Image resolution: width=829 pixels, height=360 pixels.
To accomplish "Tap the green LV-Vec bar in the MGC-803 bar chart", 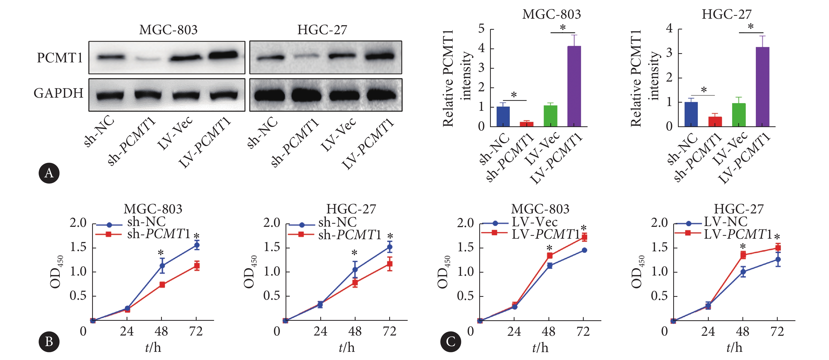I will [x=550, y=116].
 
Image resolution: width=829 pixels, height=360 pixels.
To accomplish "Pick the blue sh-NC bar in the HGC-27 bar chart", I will [x=691, y=114].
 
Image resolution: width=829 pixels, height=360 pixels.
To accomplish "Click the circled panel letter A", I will [x=49, y=173].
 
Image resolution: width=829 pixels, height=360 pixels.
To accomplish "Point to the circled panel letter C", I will [x=451, y=341].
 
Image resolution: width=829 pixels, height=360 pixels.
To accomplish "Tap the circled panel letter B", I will [x=49, y=341].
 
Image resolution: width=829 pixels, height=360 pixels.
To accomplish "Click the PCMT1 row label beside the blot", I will [x=60, y=58].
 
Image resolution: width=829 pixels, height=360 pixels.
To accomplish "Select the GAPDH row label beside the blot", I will [x=59, y=93].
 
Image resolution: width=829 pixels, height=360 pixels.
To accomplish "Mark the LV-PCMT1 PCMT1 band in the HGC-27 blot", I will [x=380, y=57].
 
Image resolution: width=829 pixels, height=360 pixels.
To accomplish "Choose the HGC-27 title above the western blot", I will [x=322, y=30].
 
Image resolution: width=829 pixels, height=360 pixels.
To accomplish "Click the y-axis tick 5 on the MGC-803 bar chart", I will [x=481, y=29].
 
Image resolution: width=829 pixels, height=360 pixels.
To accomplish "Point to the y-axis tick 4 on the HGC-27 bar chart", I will [x=669, y=28].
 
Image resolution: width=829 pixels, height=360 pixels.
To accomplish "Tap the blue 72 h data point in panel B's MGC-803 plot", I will [x=197, y=245].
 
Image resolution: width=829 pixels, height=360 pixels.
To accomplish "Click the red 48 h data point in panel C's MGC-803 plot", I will [x=550, y=256].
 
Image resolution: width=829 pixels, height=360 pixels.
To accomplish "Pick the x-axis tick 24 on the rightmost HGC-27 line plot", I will [x=708, y=331].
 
